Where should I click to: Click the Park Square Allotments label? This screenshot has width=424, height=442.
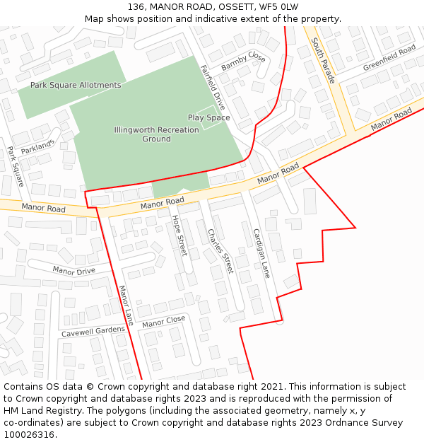[x=76, y=86]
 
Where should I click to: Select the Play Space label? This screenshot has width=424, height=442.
[x=208, y=117]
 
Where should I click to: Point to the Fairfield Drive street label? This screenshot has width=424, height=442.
[x=213, y=86]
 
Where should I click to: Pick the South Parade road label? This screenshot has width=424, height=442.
[x=324, y=60]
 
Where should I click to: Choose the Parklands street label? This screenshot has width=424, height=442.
[x=37, y=146]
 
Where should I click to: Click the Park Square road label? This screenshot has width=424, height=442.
[x=16, y=166]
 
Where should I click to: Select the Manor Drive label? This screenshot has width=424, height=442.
[x=73, y=270]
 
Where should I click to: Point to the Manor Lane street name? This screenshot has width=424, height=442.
[x=126, y=306]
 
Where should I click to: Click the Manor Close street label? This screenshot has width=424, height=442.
[x=163, y=322]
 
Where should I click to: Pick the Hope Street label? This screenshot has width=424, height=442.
[x=179, y=235]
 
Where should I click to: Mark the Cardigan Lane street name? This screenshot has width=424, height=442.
[x=261, y=252]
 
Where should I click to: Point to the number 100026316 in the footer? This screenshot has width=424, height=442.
[x=29, y=434]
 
